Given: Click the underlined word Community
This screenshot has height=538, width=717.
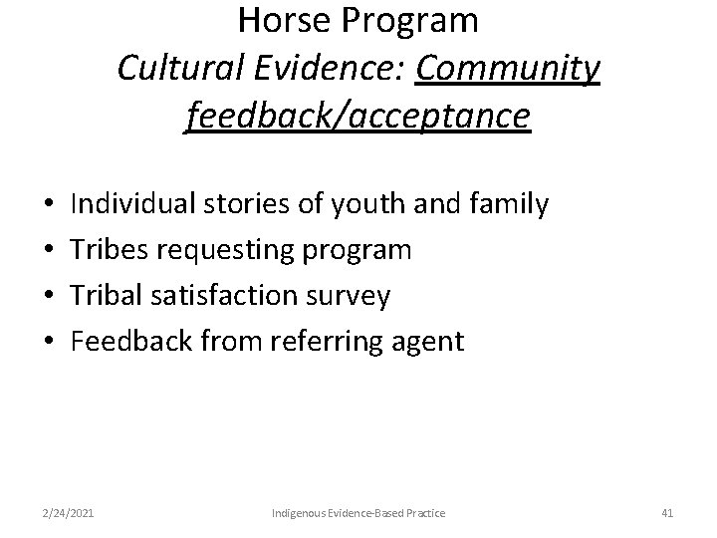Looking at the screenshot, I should click(510, 69).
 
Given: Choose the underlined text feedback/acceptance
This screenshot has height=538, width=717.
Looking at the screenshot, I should click(358, 118).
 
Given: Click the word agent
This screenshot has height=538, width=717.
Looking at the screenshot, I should click(429, 343).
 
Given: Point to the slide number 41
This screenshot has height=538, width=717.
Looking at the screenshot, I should click(667, 513).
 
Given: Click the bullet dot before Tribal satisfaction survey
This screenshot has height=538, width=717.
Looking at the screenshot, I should click(49, 296).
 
